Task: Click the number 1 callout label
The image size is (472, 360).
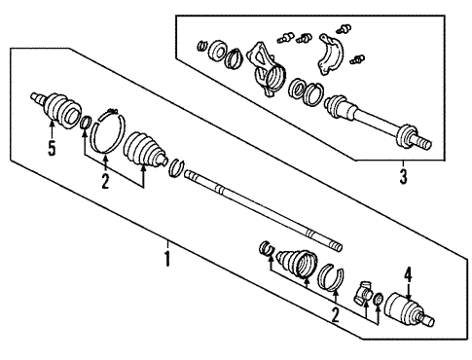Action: [x=167, y=260]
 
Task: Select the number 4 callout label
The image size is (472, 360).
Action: [x=410, y=274]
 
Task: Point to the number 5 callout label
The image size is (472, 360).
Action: [x=51, y=148]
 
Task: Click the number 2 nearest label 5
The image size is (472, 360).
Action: [x=105, y=183]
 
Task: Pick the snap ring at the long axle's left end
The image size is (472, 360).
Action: [x=176, y=169]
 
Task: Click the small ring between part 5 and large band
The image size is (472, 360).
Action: [x=87, y=123]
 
